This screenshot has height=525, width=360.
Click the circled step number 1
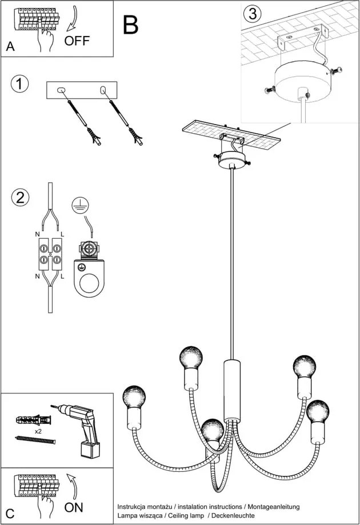point(19,84)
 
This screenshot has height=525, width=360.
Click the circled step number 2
point(19,198)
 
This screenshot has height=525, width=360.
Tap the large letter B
point(131,25)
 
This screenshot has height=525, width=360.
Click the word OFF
point(77,41)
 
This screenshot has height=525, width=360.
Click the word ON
point(73,507)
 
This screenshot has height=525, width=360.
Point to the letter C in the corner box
point(10,512)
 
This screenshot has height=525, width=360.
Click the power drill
point(80,426)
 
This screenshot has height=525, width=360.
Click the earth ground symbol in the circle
point(80,205)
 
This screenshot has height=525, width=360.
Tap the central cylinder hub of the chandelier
point(231,390)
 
